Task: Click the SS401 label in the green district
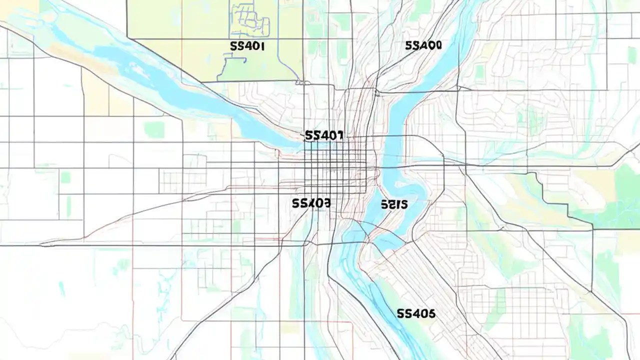(247, 46)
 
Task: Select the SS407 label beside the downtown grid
(323, 135)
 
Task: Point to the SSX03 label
(310, 203)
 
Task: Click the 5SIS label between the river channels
(394, 204)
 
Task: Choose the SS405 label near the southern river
(415, 314)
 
